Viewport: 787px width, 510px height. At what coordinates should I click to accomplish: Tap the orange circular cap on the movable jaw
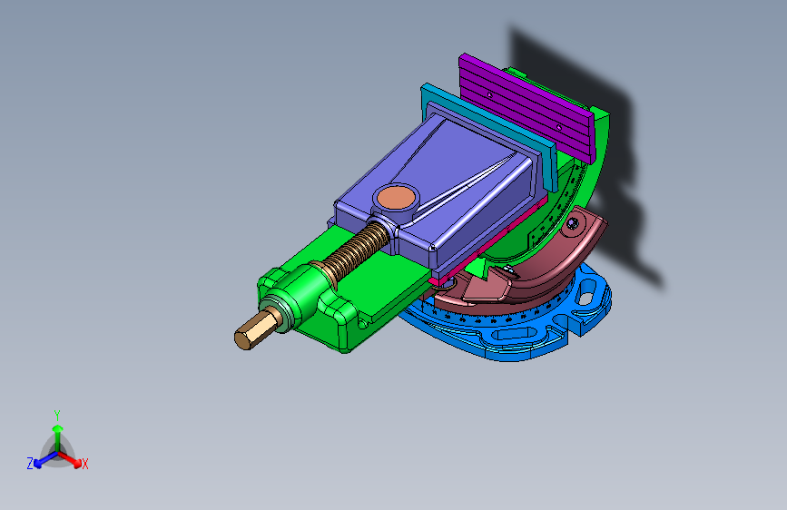click(397, 197)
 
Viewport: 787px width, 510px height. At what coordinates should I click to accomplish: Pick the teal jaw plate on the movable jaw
click(489, 134)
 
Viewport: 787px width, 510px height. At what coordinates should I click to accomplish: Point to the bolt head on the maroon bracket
click(573, 223)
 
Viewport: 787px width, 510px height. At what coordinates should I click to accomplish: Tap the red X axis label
click(84, 465)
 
